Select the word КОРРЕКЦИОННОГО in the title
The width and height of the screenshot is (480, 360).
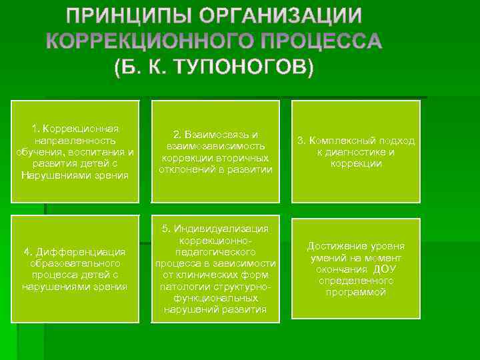tap(150, 41)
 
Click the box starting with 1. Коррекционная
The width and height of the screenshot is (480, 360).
tap(75, 151)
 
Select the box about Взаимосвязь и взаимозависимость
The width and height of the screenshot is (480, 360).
tap(215, 151)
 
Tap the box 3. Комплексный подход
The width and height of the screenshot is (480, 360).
tap(356, 151)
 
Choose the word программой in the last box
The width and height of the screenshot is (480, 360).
tap(356, 293)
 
